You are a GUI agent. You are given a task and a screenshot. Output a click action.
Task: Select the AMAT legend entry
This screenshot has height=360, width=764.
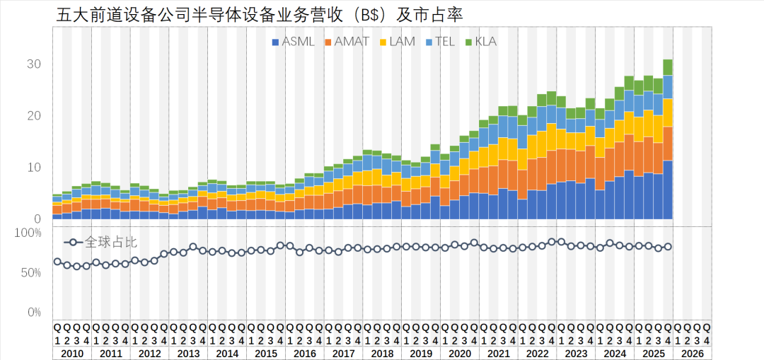click(x=347, y=42)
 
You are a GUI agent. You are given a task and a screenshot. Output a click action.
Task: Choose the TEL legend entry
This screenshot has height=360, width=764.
click(x=442, y=42)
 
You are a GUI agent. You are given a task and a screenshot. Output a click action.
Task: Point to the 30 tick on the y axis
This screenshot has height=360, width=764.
click(x=34, y=64)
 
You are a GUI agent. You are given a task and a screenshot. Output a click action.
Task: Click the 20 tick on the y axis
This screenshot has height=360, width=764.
click(x=34, y=116)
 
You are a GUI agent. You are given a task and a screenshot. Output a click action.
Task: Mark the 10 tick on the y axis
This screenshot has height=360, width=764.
click(x=34, y=168)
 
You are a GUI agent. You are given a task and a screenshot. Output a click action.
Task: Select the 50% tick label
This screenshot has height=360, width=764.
click(x=31, y=272)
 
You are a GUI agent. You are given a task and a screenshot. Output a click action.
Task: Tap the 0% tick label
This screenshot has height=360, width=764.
click(x=34, y=312)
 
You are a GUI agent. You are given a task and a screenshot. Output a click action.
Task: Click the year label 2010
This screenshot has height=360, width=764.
click(x=71, y=354)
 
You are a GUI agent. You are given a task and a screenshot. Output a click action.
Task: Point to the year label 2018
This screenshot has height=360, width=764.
click(x=382, y=354)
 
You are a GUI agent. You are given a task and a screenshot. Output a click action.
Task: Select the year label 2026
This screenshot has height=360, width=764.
click(x=692, y=354)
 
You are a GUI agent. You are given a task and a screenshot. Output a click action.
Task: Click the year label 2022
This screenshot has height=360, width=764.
click(x=537, y=354)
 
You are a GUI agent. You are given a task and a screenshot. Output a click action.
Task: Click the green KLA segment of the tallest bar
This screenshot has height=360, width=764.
click(x=668, y=67)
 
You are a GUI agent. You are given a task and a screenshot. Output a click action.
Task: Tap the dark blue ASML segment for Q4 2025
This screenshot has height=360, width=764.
click(x=668, y=191)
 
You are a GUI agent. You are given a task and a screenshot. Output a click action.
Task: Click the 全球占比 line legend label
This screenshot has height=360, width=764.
click(x=110, y=242)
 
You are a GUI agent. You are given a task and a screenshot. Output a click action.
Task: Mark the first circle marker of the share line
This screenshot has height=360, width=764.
click(x=57, y=262)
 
